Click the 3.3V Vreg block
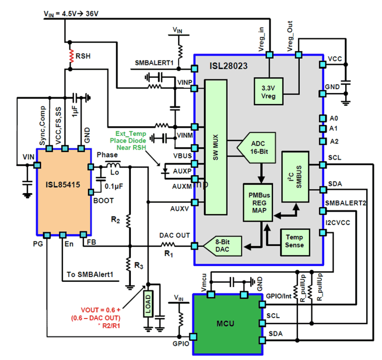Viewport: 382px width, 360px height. [x=269, y=91]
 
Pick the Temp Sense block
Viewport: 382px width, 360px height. [x=294, y=242]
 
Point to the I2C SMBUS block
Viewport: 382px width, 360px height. [x=295, y=177]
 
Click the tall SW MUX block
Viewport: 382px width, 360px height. [x=216, y=147]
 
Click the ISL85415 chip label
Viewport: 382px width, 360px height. [x=63, y=185]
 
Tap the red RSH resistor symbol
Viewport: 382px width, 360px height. [x=71, y=56]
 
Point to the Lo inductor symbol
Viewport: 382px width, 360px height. [x=113, y=165]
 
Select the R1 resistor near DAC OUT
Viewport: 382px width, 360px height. [x=168, y=245]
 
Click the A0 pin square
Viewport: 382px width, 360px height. [x=323, y=118]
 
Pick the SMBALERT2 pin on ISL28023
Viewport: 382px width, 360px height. [x=323, y=211]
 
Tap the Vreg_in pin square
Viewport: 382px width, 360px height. [x=269, y=55]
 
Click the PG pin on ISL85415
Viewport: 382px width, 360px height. [x=47, y=235]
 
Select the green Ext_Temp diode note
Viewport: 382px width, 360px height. [x=128, y=141]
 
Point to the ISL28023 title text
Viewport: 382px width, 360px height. [x=228, y=66]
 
